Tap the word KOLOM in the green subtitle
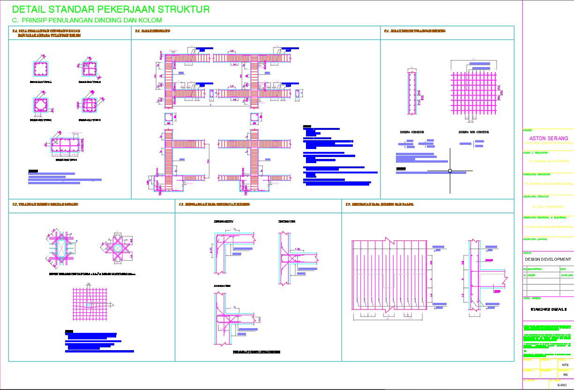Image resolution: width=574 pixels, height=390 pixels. click(x=150, y=20)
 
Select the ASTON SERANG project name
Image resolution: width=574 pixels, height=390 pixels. click(x=548, y=139)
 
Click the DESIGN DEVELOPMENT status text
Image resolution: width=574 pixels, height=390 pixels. click(x=548, y=259)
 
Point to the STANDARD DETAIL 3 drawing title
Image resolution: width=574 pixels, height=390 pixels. click(x=548, y=309)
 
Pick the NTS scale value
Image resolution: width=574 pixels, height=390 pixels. click(x=565, y=365)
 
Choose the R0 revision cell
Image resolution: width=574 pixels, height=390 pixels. click(x=565, y=375)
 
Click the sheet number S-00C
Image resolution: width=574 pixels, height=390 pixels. click(x=562, y=385)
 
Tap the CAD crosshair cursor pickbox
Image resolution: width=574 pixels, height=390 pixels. click(x=450, y=171)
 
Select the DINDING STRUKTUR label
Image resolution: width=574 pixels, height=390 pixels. click(x=412, y=132)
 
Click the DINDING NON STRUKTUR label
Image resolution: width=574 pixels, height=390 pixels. click(x=473, y=132)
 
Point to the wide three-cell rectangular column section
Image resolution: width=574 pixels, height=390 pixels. click(x=66, y=147)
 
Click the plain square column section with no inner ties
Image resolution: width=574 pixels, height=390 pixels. click(x=41, y=69)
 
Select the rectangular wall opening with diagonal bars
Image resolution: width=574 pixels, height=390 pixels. click(x=60, y=248)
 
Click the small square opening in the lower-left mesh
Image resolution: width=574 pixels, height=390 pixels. click(x=89, y=305)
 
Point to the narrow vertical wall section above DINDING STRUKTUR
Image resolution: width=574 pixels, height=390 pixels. click(x=412, y=93)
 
